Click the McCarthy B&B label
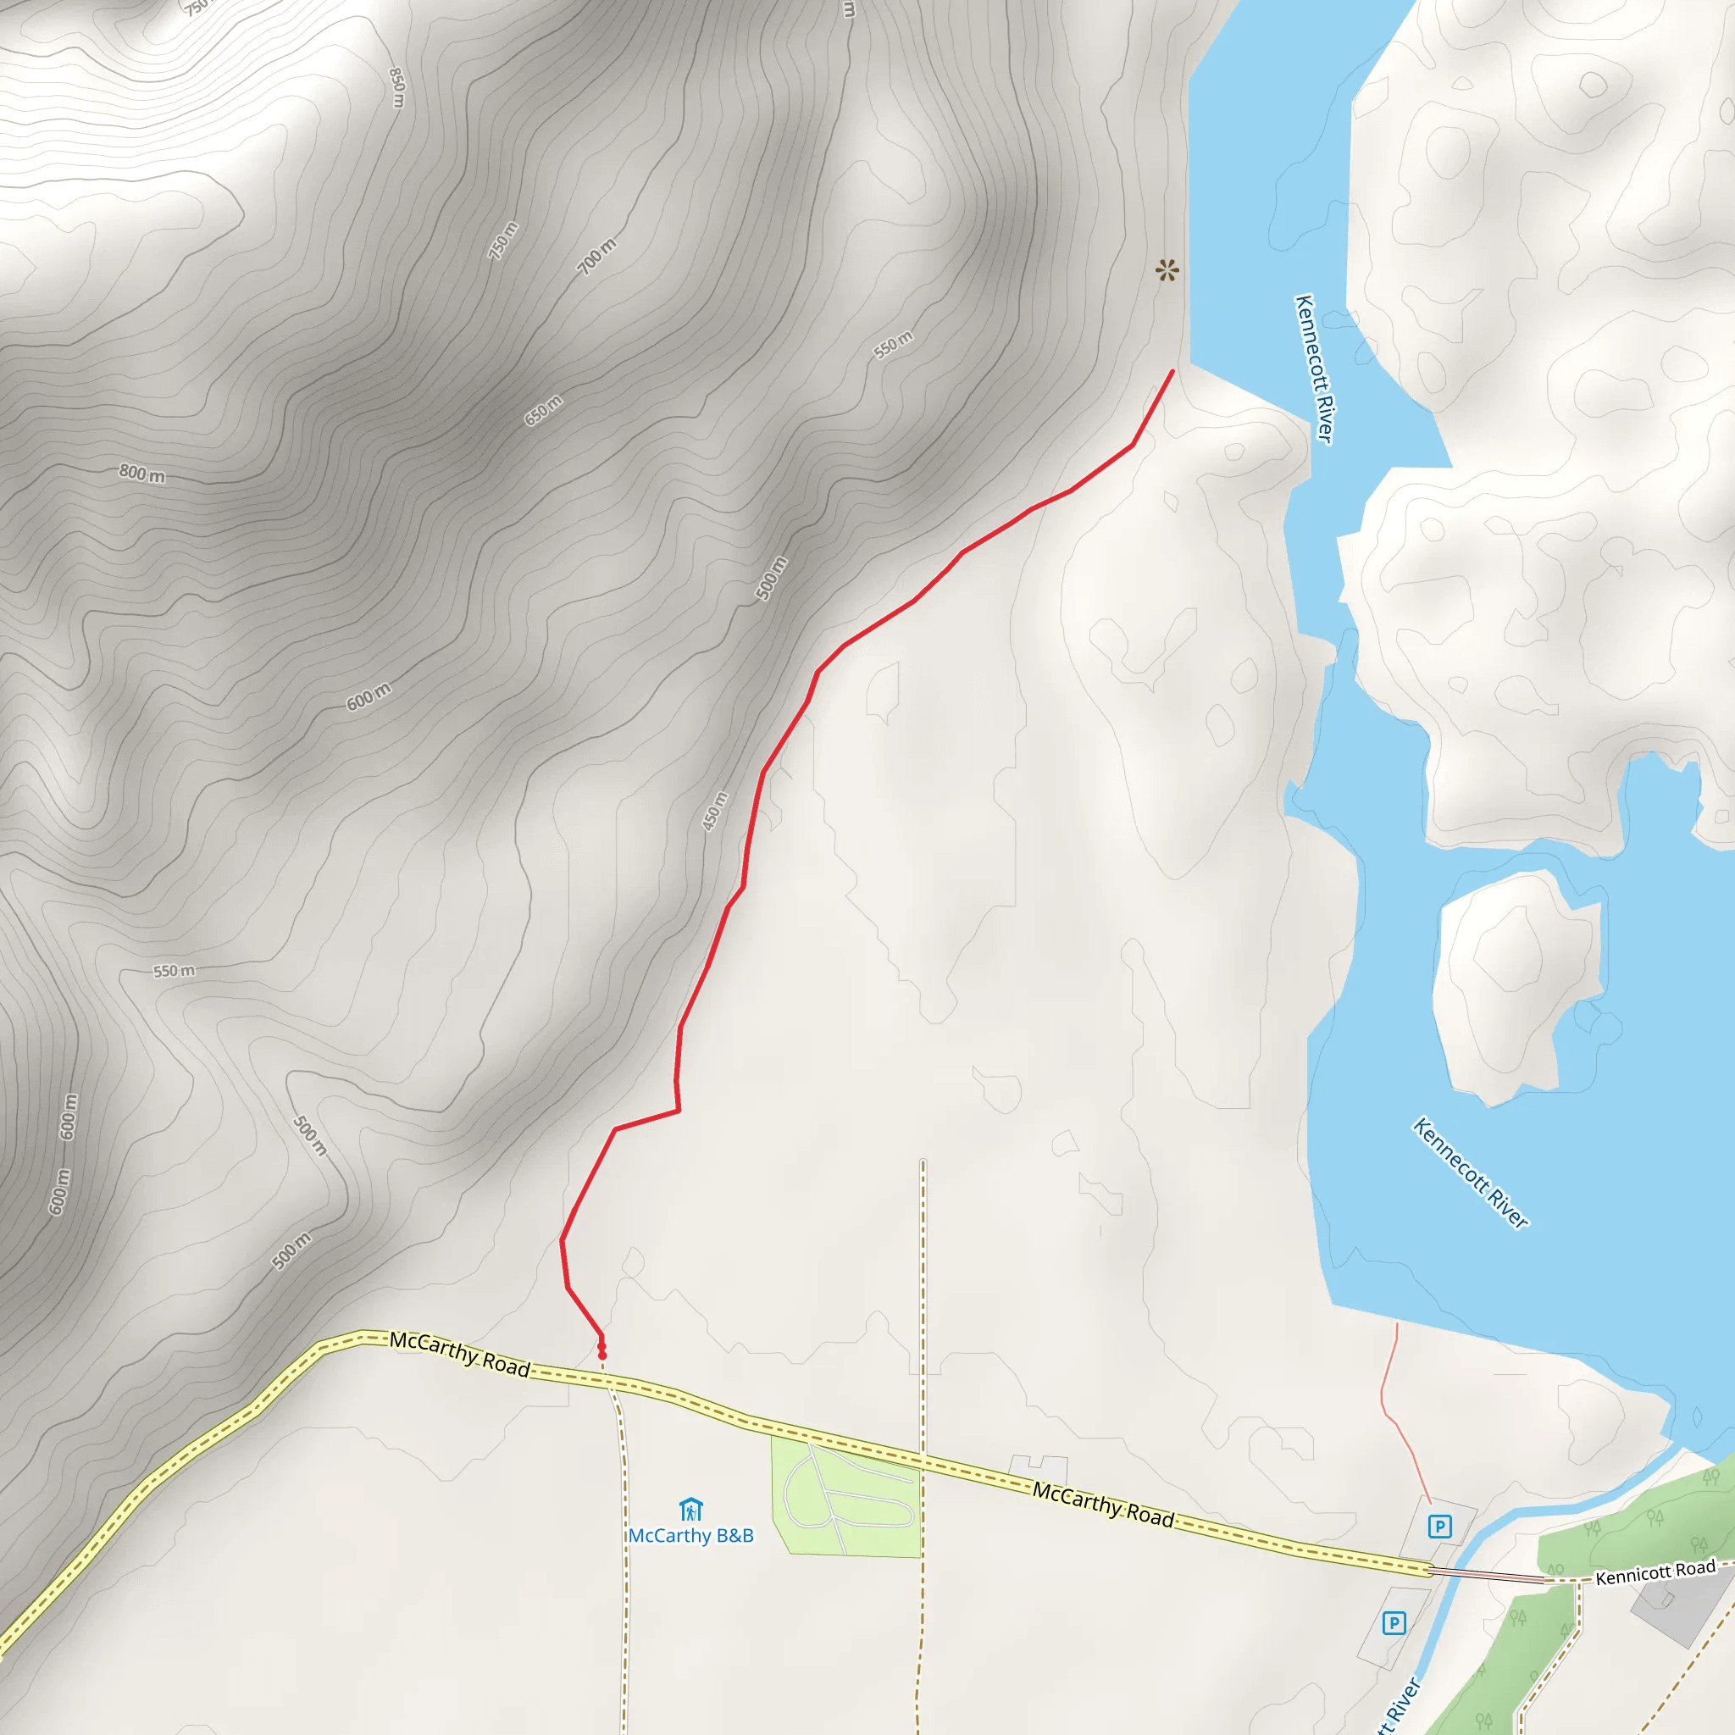(x=690, y=1536)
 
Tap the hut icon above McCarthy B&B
(x=690, y=1509)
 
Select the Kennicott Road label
(x=1655, y=1572)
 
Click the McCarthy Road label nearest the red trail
(x=460, y=1353)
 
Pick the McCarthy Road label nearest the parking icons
(x=1103, y=1505)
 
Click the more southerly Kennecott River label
(x=1470, y=1172)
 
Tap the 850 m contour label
(x=397, y=87)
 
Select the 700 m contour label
(x=597, y=257)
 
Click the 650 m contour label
(x=543, y=409)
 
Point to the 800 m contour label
(x=141, y=474)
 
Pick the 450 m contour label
(x=715, y=811)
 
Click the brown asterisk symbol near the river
(x=1167, y=269)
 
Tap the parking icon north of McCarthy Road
(x=1439, y=1526)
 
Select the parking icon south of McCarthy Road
(x=1394, y=1622)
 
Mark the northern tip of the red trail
(x=1172, y=372)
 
